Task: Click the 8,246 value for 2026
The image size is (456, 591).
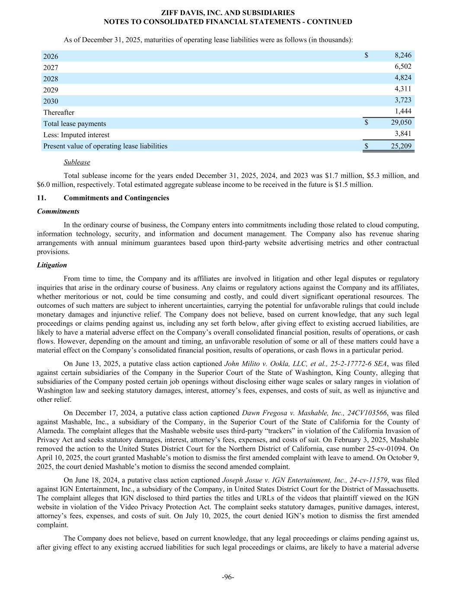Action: [403, 55]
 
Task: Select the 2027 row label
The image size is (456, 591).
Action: [51, 68]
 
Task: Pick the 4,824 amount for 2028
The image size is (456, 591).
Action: [403, 78]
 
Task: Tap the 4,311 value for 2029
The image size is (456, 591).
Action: [403, 89]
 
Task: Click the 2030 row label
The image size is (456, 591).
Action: [51, 101]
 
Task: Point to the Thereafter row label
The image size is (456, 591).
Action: [59, 113]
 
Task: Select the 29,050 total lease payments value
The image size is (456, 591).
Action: [401, 123]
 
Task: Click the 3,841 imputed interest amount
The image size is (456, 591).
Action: [403, 134]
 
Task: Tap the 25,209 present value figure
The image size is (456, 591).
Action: [401, 146]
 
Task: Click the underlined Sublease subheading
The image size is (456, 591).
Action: [77, 162]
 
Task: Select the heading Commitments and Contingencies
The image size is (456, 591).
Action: [116, 198]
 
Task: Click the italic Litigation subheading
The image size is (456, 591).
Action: [52, 265]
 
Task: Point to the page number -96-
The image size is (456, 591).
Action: [228, 577]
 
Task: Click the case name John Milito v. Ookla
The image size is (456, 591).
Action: [265, 364]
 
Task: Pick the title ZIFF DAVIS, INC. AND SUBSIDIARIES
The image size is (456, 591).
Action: [228, 13]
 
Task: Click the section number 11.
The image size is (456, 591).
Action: [42, 198]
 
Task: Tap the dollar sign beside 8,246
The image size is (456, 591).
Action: [367, 55]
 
